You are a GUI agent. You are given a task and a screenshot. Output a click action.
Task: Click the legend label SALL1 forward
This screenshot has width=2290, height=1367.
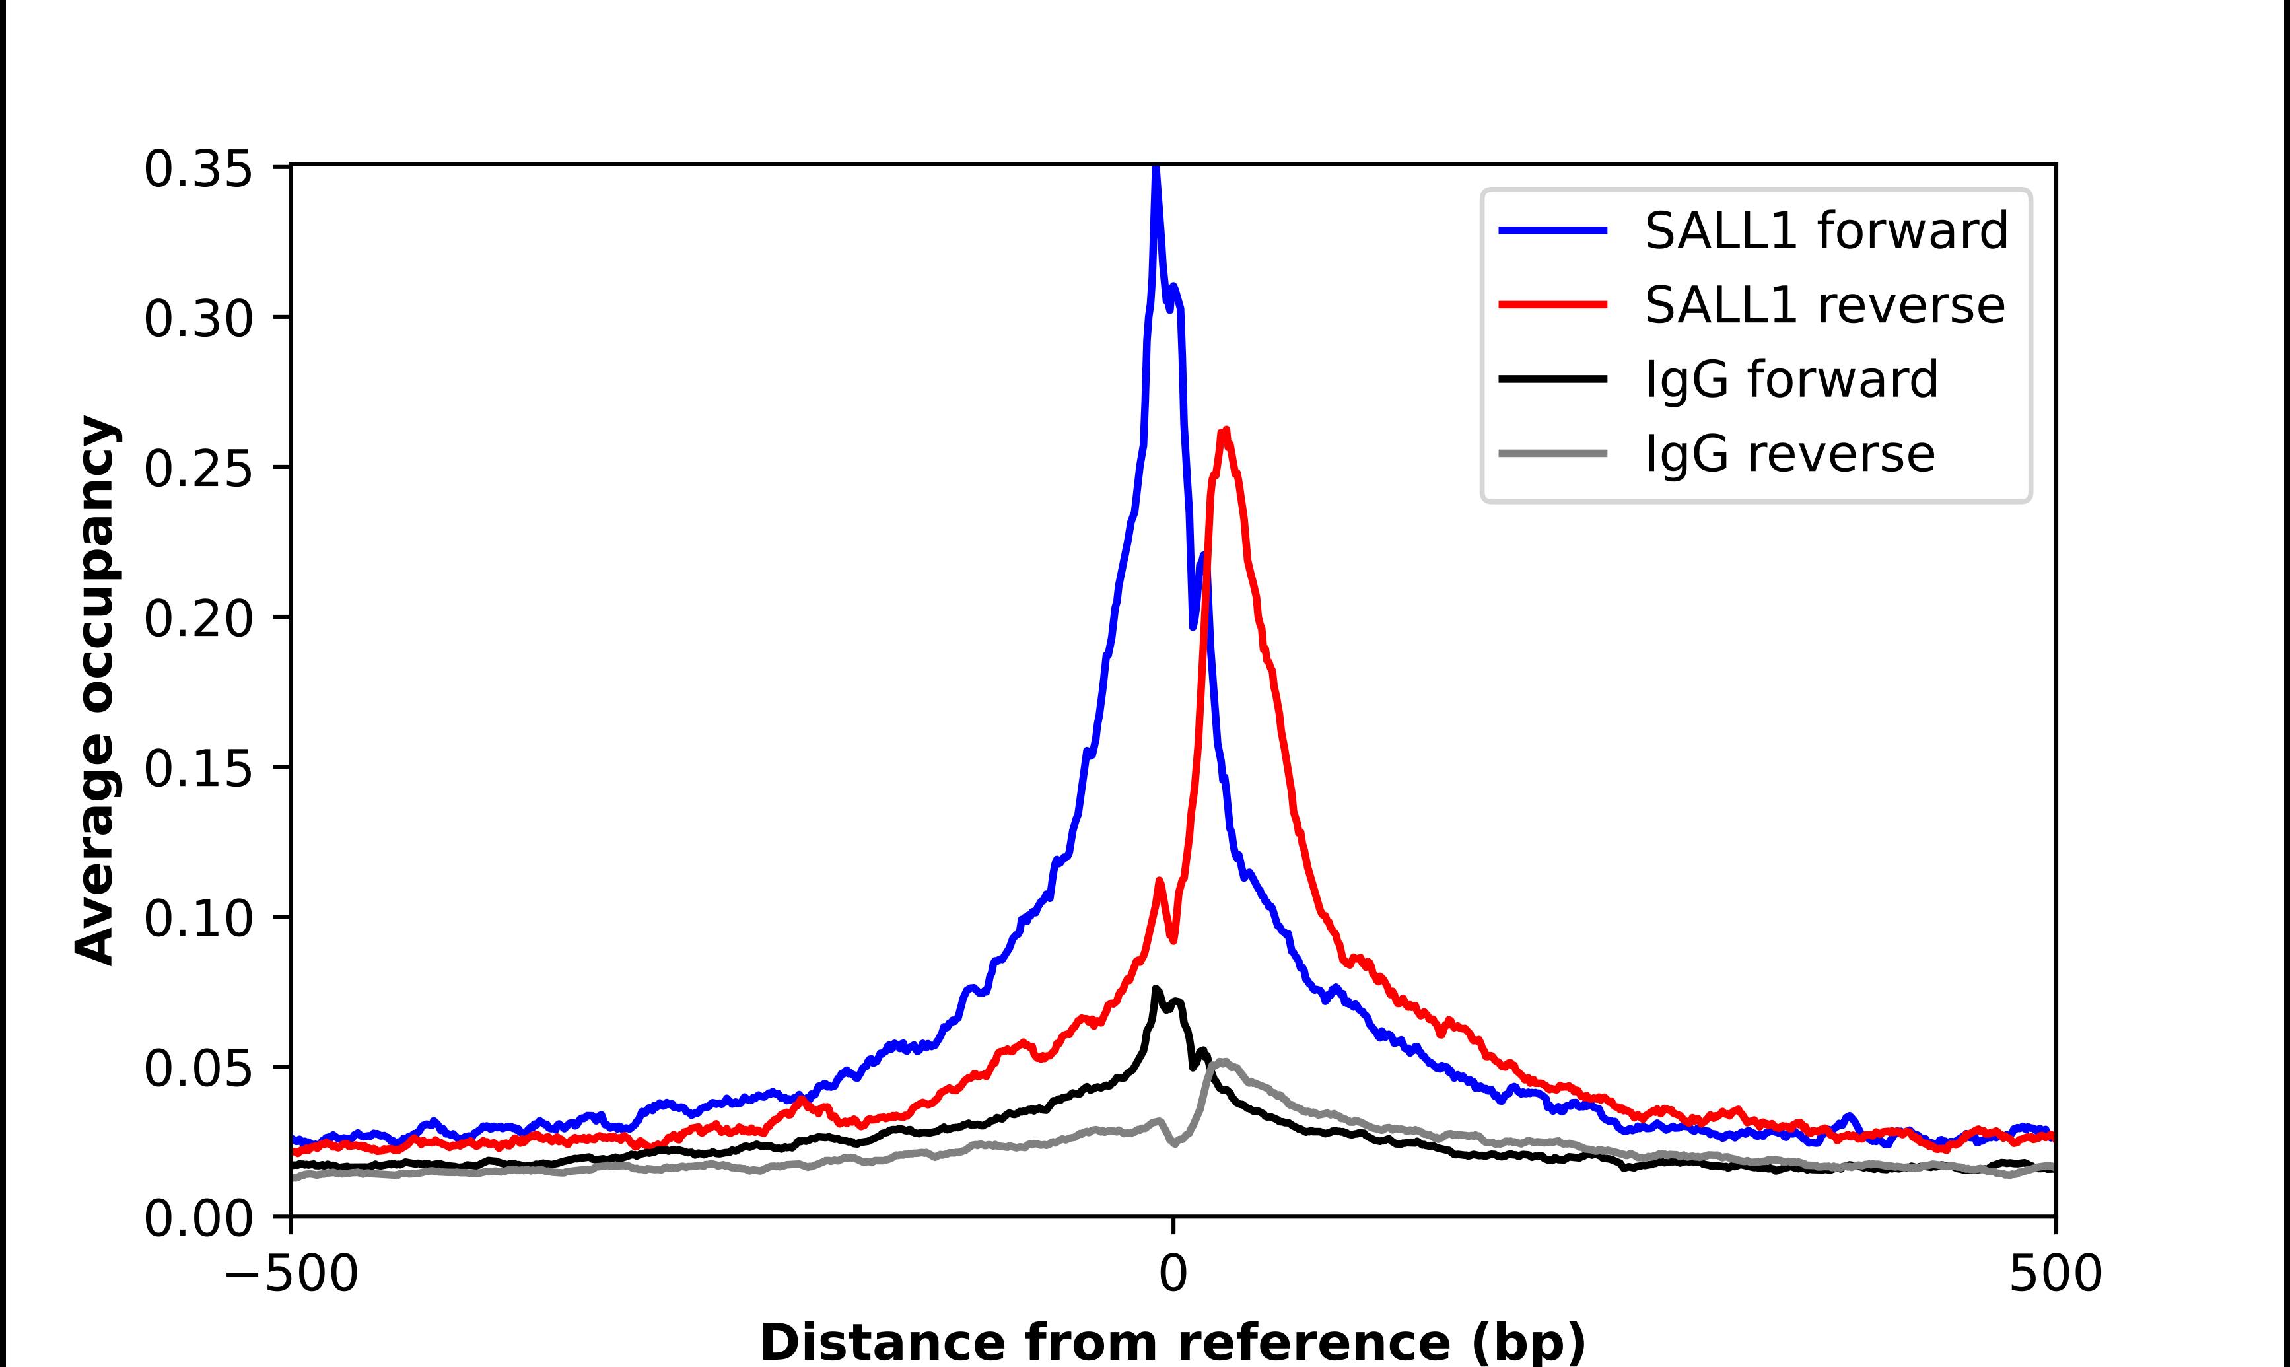tap(1825, 230)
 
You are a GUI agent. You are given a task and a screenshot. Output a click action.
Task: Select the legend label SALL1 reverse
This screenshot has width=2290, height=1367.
tap(1823, 305)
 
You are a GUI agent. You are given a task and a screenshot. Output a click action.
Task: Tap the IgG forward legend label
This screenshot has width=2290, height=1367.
tap(1791, 380)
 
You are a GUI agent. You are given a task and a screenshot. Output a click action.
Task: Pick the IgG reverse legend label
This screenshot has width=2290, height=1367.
tap(1789, 454)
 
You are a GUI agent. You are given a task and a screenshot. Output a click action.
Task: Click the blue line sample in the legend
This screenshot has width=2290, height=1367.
tap(1552, 230)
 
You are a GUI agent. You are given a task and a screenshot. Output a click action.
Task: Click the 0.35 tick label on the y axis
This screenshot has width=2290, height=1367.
tap(198, 170)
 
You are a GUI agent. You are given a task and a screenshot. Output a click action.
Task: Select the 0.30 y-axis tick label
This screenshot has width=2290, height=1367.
tap(198, 320)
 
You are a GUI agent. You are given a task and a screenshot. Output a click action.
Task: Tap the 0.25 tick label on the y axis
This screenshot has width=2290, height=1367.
tap(198, 470)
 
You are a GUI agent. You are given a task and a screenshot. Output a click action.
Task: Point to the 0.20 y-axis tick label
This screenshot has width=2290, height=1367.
tap(198, 619)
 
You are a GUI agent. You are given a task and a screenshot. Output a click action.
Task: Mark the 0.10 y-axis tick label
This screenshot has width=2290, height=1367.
tap(198, 919)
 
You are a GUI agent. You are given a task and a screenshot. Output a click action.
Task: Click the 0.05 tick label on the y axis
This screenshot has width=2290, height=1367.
tap(198, 1069)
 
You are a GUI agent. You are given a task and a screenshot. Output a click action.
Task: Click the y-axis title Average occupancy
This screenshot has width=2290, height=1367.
tap(96, 691)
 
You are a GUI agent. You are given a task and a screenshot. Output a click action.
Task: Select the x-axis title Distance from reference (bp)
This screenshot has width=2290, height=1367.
tap(1172, 1341)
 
